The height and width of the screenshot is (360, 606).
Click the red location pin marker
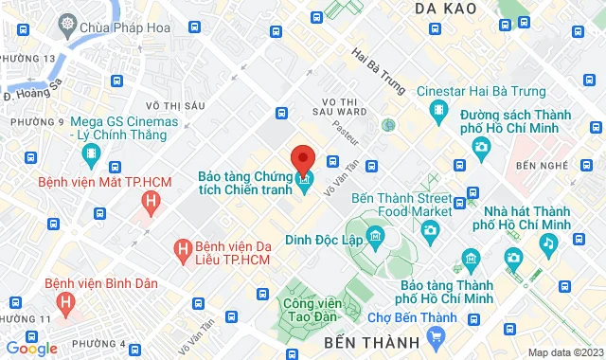(x=302, y=158)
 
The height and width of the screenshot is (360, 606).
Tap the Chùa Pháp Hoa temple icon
(x=68, y=23)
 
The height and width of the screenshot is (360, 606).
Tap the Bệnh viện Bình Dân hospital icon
(x=65, y=302)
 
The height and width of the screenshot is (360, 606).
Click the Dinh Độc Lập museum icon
(x=376, y=235)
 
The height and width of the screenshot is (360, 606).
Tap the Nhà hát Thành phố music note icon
(x=547, y=243)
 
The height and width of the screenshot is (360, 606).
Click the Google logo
(x=32, y=348)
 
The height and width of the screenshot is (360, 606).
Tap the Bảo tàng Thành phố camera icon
(x=467, y=257)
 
